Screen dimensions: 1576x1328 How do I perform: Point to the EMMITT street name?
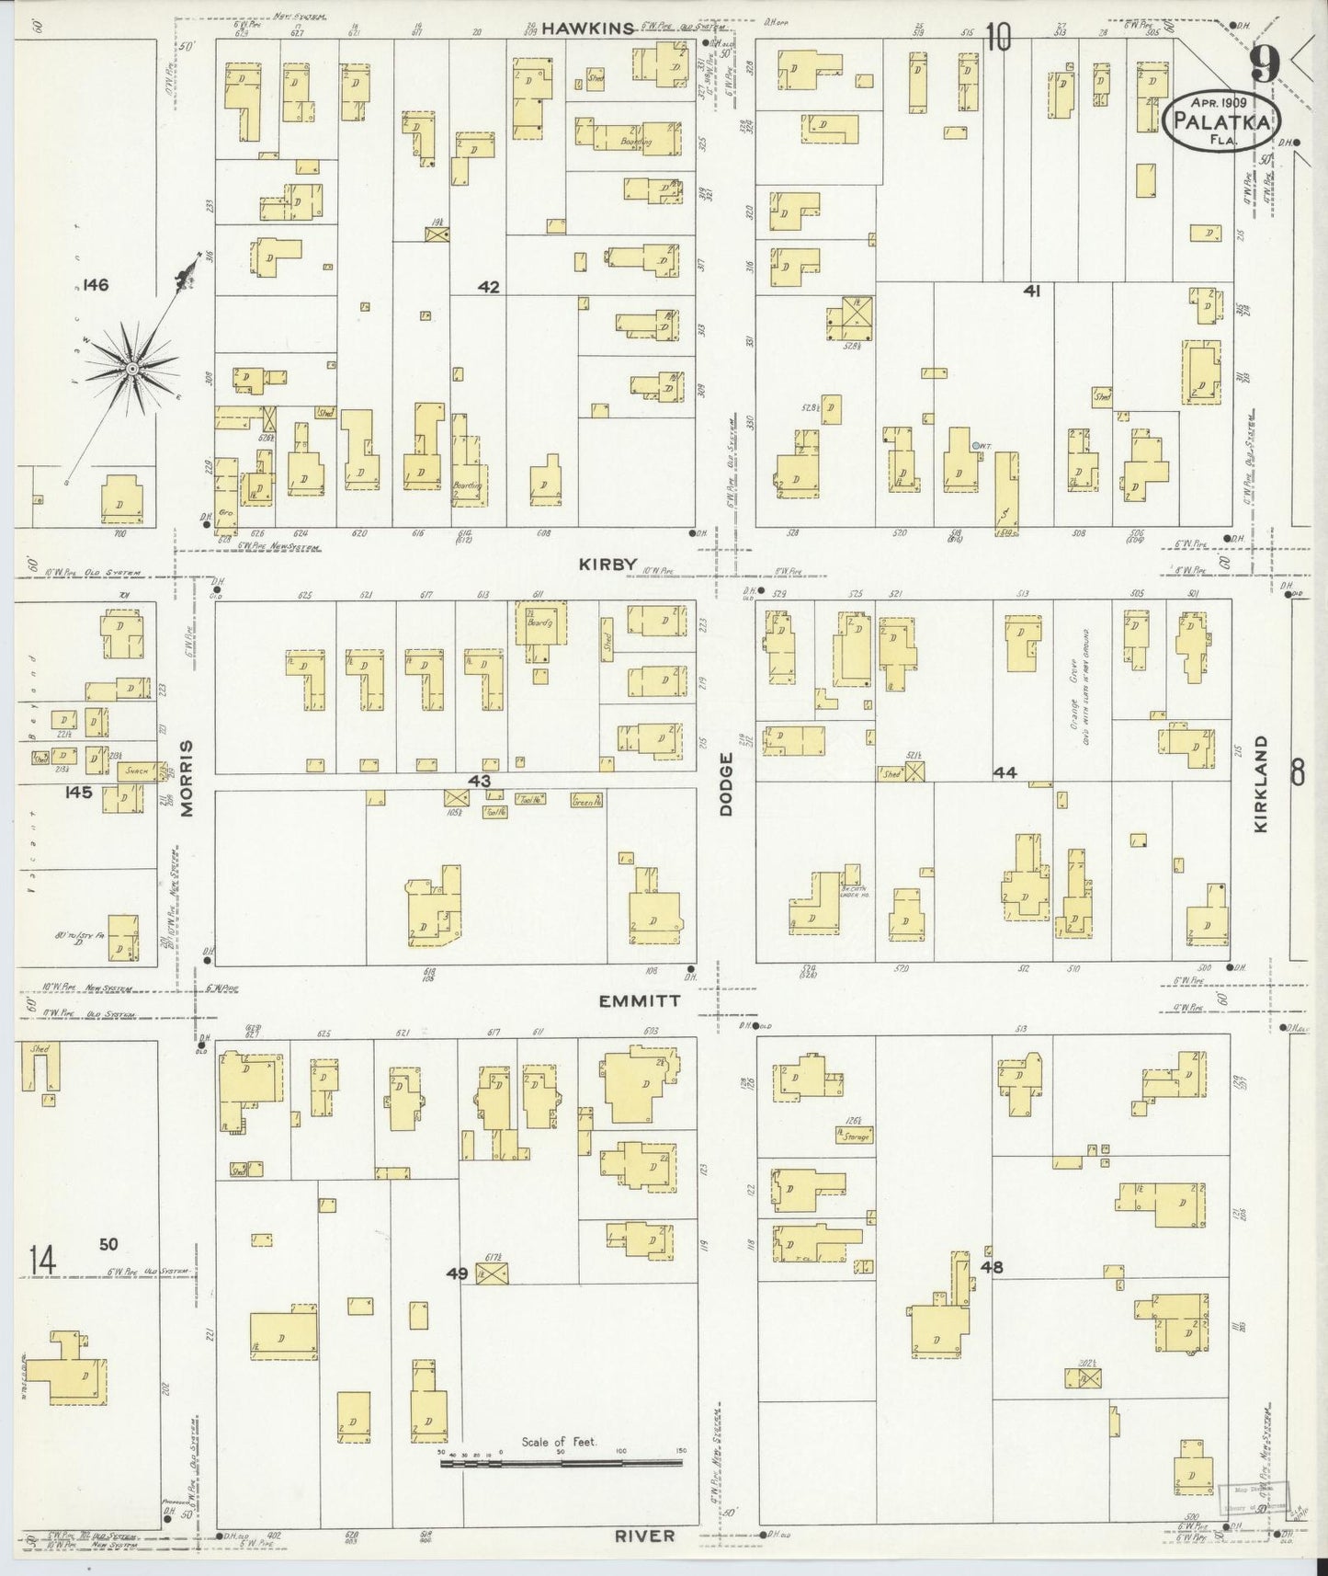click(x=640, y=1000)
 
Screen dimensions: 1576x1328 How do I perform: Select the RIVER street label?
click(x=644, y=1535)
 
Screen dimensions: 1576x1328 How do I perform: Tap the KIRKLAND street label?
click(x=1260, y=783)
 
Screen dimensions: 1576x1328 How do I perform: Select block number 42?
click(x=488, y=287)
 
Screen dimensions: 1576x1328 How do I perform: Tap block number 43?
click(x=479, y=781)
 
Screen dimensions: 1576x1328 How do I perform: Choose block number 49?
click(x=457, y=1273)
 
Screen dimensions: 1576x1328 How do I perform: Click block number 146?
click(x=95, y=285)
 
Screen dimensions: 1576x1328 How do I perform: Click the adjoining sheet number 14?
click(x=42, y=1259)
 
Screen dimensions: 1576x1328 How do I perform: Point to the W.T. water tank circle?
click(x=974, y=446)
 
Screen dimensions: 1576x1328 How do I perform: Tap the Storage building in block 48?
click(x=854, y=1136)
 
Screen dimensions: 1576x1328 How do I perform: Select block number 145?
click(x=78, y=791)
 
